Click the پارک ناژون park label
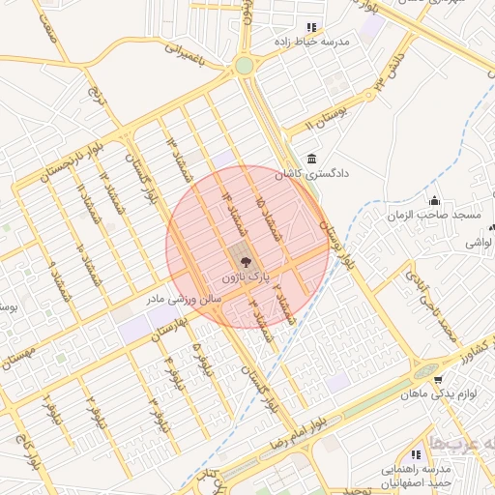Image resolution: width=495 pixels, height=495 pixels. [x=244, y=277]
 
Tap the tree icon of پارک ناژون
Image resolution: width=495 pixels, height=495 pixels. [x=245, y=260]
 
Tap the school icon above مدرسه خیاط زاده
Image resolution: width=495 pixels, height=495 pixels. [x=310, y=28]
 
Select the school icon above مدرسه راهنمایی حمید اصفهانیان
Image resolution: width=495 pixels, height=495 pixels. [x=417, y=454]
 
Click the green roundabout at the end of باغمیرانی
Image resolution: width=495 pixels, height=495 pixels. [x=244, y=66]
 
